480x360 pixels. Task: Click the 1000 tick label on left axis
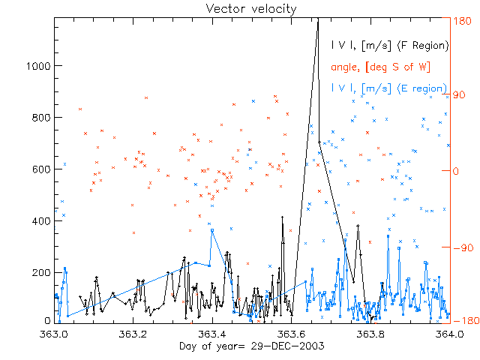click(x=36, y=66)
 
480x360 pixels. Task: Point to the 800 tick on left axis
click(x=39, y=118)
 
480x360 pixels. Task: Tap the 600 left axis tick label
click(x=39, y=169)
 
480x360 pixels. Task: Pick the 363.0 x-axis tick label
click(x=55, y=334)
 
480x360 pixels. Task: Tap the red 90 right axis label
click(x=460, y=95)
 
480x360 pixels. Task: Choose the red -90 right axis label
click(x=462, y=247)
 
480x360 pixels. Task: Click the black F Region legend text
click(x=390, y=46)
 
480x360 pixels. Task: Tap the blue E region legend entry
click(x=390, y=88)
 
